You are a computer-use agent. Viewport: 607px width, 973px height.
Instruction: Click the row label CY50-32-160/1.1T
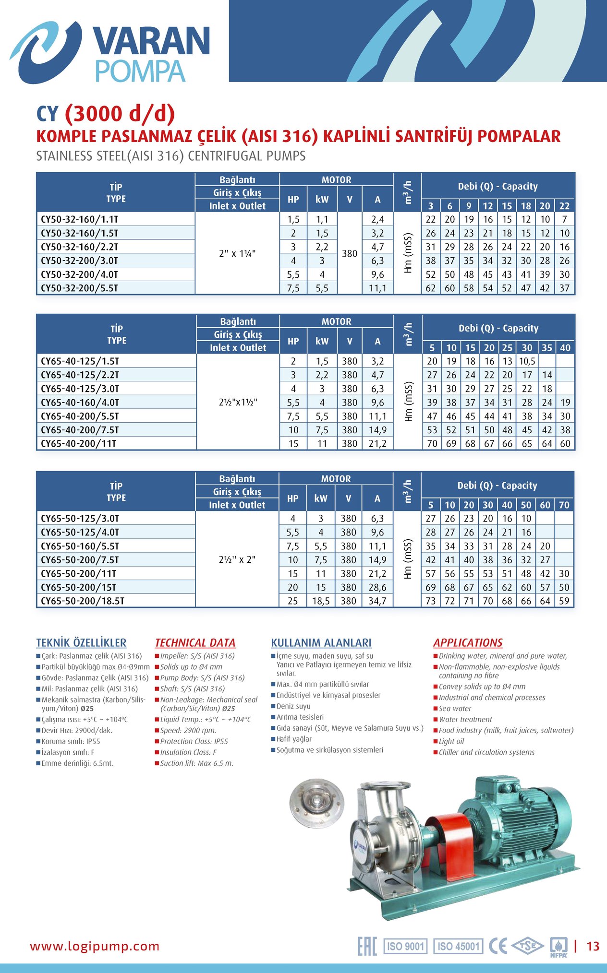[79, 219]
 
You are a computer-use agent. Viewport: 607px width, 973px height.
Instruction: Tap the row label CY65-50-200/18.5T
[82, 601]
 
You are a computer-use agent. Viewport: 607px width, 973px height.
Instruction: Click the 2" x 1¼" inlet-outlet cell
[237, 253]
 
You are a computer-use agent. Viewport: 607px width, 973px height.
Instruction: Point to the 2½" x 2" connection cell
[237, 559]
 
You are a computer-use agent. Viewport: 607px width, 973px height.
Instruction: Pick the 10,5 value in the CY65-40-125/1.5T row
[527, 361]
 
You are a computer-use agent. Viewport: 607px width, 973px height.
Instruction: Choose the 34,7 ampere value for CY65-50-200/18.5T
[377, 601]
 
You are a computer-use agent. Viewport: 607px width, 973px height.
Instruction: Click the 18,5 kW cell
[321, 601]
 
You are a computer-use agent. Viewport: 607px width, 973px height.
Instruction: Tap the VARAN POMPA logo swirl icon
[46, 51]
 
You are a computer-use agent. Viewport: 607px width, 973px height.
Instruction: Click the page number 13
[593, 946]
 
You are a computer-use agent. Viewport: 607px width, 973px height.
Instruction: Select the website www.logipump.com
[95, 947]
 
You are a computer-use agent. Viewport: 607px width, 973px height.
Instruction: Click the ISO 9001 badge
[405, 946]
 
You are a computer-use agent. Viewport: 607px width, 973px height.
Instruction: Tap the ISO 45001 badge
[458, 946]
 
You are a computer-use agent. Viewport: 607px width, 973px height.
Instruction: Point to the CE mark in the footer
[498, 946]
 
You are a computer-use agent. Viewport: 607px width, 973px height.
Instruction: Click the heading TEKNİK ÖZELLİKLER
[81, 643]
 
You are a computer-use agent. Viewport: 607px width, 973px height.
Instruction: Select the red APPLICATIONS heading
[468, 643]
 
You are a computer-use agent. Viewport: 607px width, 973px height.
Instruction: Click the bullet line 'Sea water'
[455, 709]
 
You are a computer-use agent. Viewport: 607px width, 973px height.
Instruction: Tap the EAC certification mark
[367, 946]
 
